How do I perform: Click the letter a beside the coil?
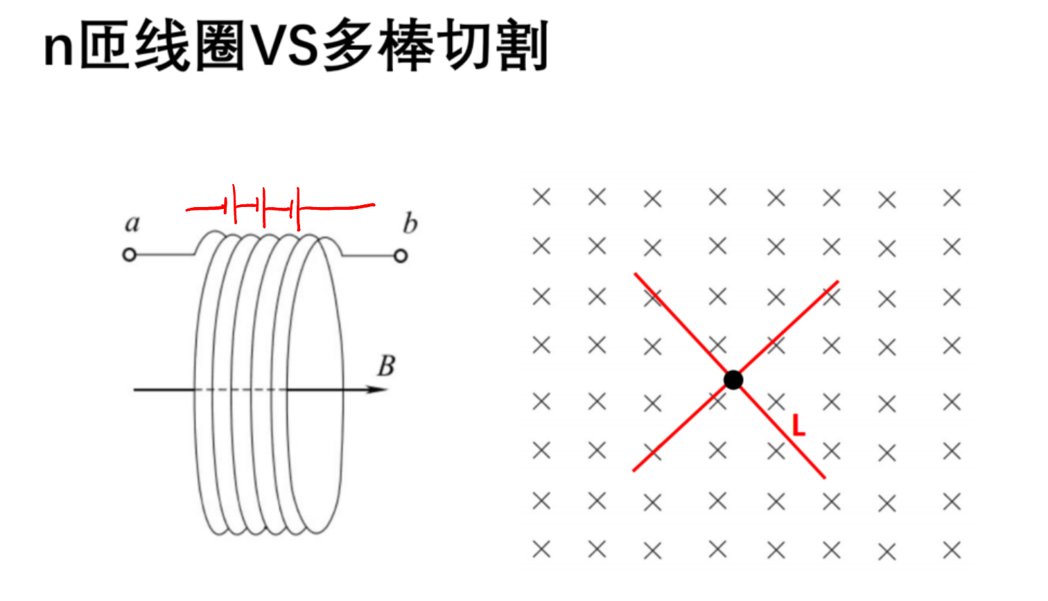132,224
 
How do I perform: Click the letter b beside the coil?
410,223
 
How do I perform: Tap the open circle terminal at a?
130,255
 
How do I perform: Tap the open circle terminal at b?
401,256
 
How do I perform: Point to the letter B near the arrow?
387,366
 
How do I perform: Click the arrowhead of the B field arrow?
377,389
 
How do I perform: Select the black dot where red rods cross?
733,380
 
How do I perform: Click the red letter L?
798,426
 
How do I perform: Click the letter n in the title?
58,49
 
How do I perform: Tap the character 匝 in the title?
105,45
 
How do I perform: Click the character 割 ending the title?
522,45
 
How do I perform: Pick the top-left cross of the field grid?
541,197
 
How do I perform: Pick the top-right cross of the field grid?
952,198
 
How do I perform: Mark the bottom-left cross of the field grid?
541,549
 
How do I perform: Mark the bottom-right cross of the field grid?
952,550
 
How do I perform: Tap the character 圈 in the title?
220,45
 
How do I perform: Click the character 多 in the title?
348,45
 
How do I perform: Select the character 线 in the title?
162,45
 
